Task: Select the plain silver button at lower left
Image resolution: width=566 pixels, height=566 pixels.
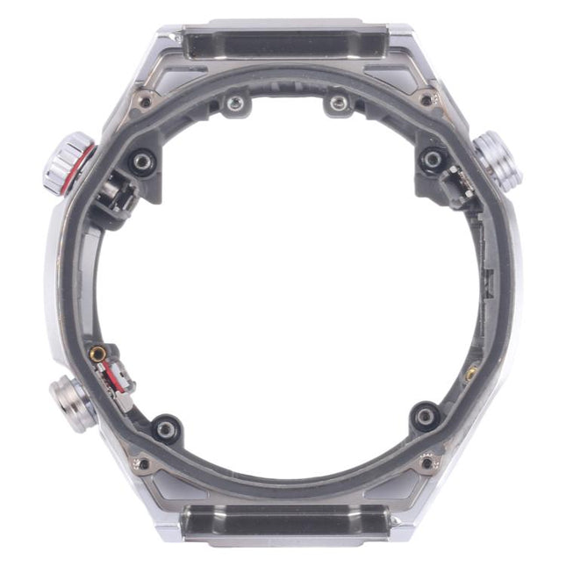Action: click(x=73, y=403)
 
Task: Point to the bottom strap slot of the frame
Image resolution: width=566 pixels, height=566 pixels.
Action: click(x=284, y=525)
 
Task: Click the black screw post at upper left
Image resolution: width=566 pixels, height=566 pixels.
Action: click(x=141, y=161)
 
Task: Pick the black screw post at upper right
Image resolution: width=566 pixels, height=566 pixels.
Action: click(x=432, y=160)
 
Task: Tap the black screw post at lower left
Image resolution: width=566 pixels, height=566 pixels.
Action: click(x=166, y=428)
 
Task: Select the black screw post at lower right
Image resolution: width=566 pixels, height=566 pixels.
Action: click(x=426, y=416)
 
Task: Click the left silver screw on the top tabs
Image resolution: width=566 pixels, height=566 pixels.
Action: click(x=233, y=105)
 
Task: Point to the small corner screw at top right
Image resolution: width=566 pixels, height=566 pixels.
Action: click(x=426, y=100)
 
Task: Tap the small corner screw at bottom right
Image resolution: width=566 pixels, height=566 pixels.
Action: click(x=427, y=462)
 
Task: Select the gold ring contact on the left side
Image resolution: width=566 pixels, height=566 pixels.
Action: click(x=97, y=355)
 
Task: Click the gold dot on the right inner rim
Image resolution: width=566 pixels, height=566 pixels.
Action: click(x=471, y=373)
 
